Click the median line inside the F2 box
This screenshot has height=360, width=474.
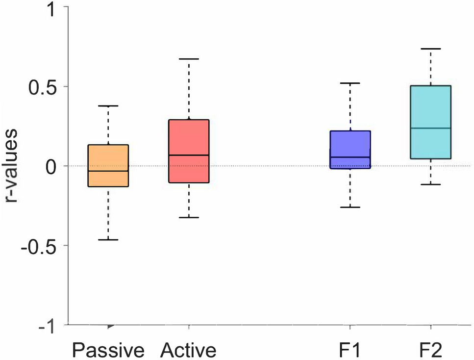431,128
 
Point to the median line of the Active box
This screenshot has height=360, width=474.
189,155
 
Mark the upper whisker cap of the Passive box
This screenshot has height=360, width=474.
108,106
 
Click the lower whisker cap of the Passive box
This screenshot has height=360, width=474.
108,240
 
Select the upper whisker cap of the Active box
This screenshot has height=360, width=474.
189,59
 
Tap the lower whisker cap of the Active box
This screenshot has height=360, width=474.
189,217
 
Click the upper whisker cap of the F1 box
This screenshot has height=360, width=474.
350,83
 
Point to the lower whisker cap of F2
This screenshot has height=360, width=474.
431,184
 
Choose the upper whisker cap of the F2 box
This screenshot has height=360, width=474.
431,49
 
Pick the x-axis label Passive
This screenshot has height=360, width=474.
108,350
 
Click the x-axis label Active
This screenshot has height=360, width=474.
189,350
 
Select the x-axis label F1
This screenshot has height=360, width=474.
349,350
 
